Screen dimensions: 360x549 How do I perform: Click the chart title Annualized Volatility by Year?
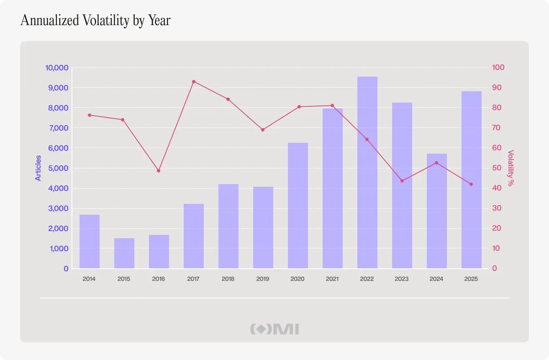coord(95,21)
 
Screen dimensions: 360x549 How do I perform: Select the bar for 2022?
coord(367,172)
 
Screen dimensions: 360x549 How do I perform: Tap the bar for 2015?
coord(124,253)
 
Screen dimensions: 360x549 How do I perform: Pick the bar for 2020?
coord(298,206)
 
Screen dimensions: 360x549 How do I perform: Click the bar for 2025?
coord(472,180)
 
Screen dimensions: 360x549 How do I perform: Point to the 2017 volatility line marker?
coord(194,82)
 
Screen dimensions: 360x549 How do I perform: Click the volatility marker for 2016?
coord(159,171)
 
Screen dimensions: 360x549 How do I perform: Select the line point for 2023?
coord(402,181)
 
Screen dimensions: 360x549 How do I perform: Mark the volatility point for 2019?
coord(263,130)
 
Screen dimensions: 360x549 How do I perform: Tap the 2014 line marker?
coord(90,115)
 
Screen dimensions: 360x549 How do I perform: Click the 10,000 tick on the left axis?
coord(56,68)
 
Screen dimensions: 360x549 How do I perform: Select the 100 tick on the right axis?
coord(498,67)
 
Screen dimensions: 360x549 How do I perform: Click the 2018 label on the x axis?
coord(228,279)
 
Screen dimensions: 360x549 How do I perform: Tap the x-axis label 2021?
coord(332,279)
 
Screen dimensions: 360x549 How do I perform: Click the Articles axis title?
coord(38,168)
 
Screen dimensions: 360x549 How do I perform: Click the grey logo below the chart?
coord(274,329)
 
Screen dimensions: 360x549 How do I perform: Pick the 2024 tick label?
coord(436,279)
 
